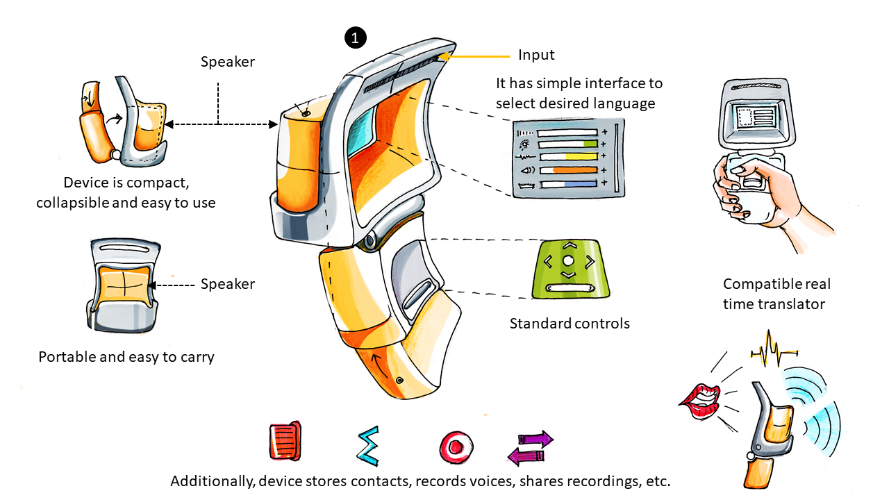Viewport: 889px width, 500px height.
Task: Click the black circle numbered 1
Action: click(355, 38)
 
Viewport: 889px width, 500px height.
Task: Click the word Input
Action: click(537, 55)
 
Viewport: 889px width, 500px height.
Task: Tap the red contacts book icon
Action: click(285, 441)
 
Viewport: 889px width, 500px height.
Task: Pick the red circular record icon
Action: click(456, 446)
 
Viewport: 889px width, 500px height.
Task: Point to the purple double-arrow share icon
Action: click(531, 447)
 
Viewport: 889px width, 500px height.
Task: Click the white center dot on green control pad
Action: click(568, 260)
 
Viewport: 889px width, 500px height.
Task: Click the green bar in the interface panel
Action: click(590, 144)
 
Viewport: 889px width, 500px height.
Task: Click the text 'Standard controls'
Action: click(570, 323)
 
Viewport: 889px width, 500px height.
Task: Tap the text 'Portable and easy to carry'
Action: click(126, 357)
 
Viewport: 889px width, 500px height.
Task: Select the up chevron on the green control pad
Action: click(568, 245)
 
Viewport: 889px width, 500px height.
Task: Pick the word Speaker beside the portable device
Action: click(228, 284)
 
